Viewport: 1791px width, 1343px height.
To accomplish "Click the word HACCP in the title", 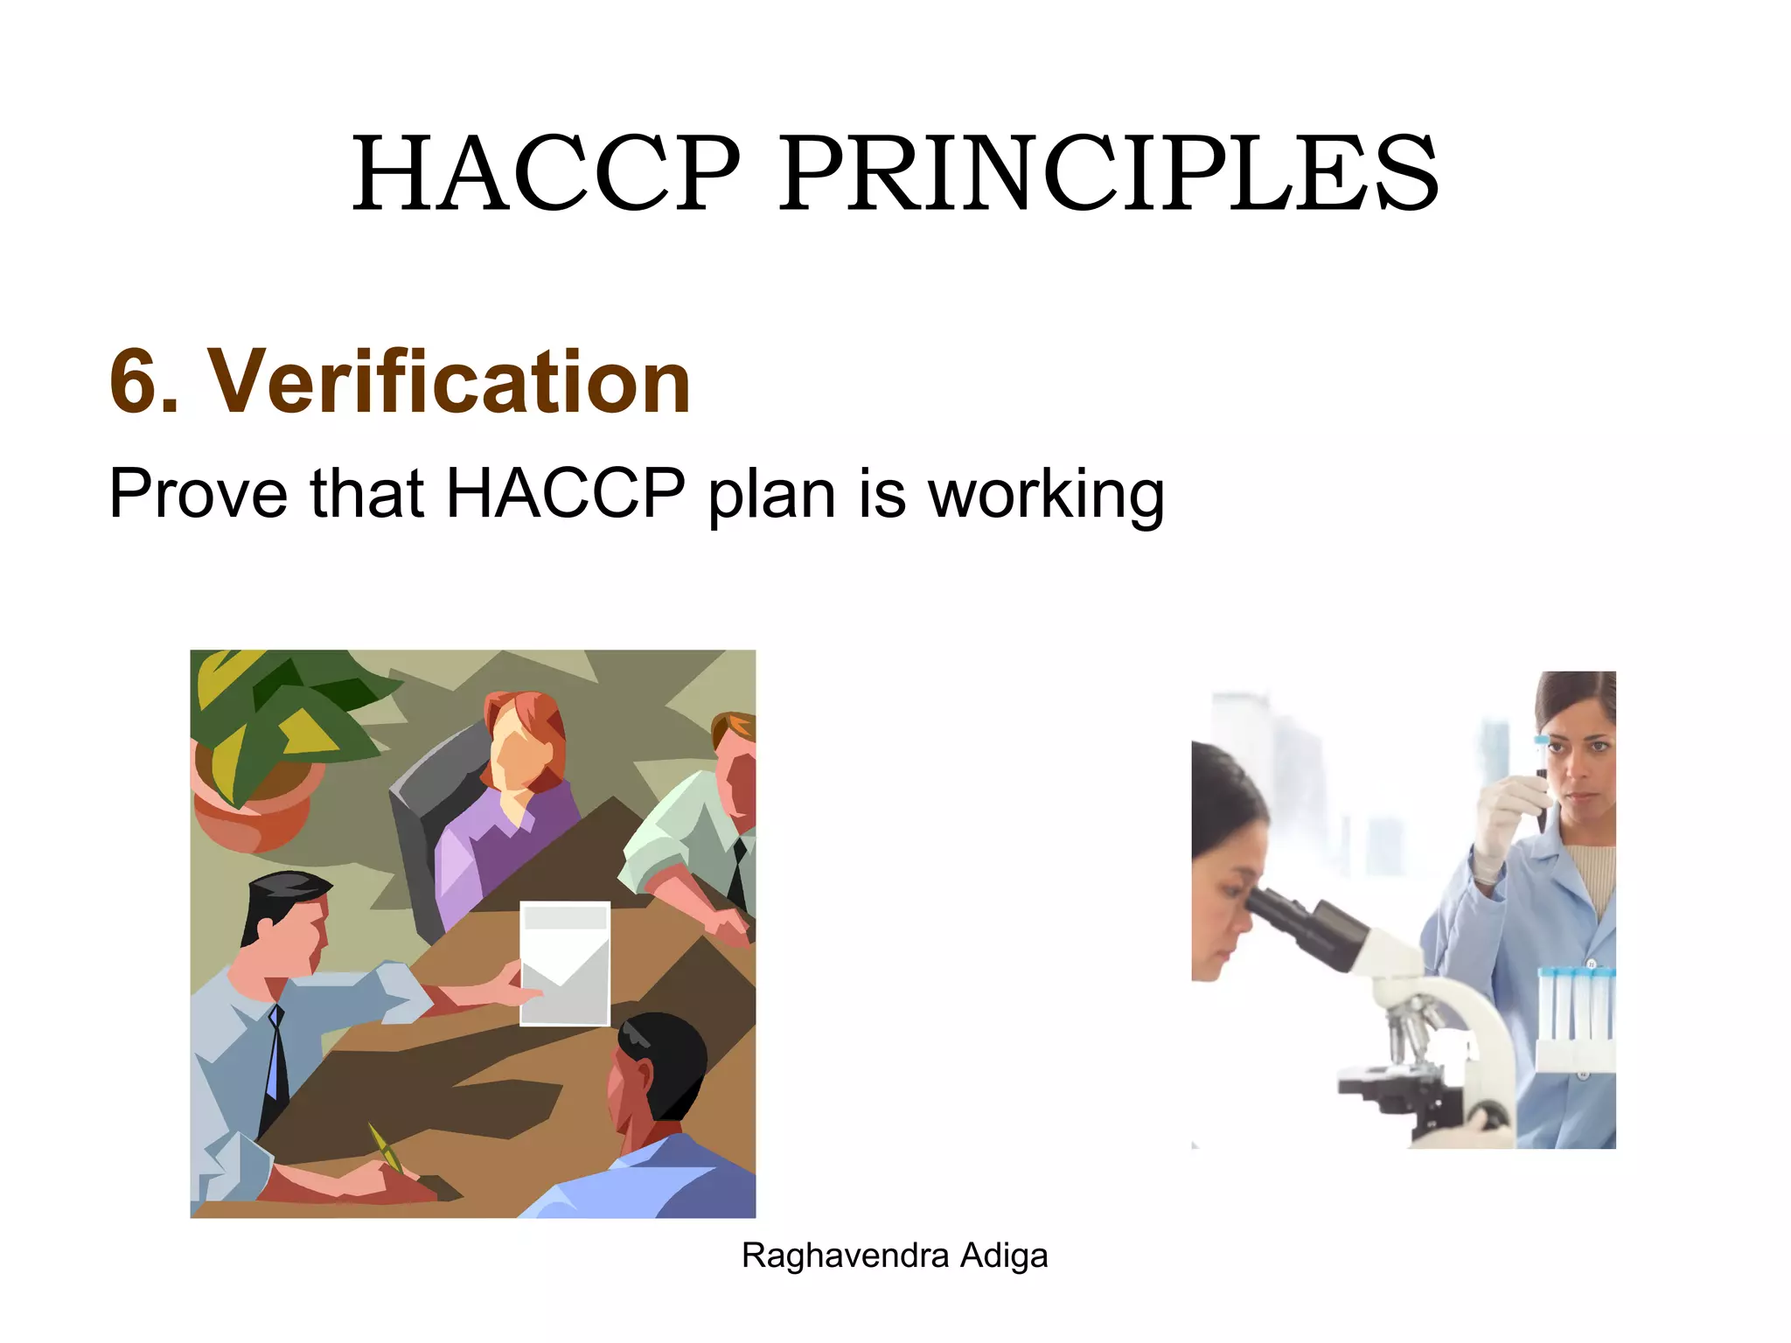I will (546, 173).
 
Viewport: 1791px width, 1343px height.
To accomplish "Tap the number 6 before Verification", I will (140, 382).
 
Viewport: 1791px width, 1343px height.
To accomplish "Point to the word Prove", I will (198, 494).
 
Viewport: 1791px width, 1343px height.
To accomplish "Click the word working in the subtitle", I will (1046, 497).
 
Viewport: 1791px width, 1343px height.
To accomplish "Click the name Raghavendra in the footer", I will (845, 1256).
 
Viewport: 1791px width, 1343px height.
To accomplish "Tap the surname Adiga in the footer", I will (1004, 1256).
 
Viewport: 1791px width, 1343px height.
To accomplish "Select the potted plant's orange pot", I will (254, 809).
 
